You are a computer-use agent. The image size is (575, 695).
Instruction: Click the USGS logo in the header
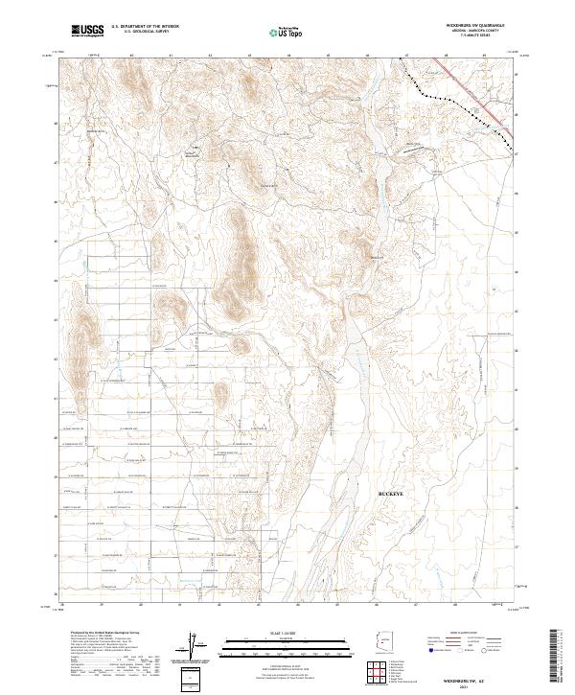87,31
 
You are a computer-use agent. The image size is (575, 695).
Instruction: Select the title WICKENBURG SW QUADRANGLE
472,26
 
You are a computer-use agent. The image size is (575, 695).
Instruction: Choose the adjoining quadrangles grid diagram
382,670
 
